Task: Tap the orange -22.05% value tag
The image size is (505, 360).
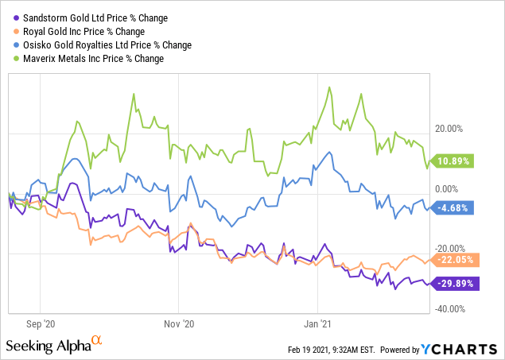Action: point(454,259)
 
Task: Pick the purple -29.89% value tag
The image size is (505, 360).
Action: point(454,283)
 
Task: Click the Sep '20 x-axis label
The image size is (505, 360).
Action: point(40,323)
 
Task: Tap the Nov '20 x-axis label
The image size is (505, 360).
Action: point(178,323)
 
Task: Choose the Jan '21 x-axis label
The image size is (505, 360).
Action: point(318,323)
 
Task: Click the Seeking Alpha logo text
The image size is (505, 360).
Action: point(48,346)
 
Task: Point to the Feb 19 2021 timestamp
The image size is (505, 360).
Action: point(331,350)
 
